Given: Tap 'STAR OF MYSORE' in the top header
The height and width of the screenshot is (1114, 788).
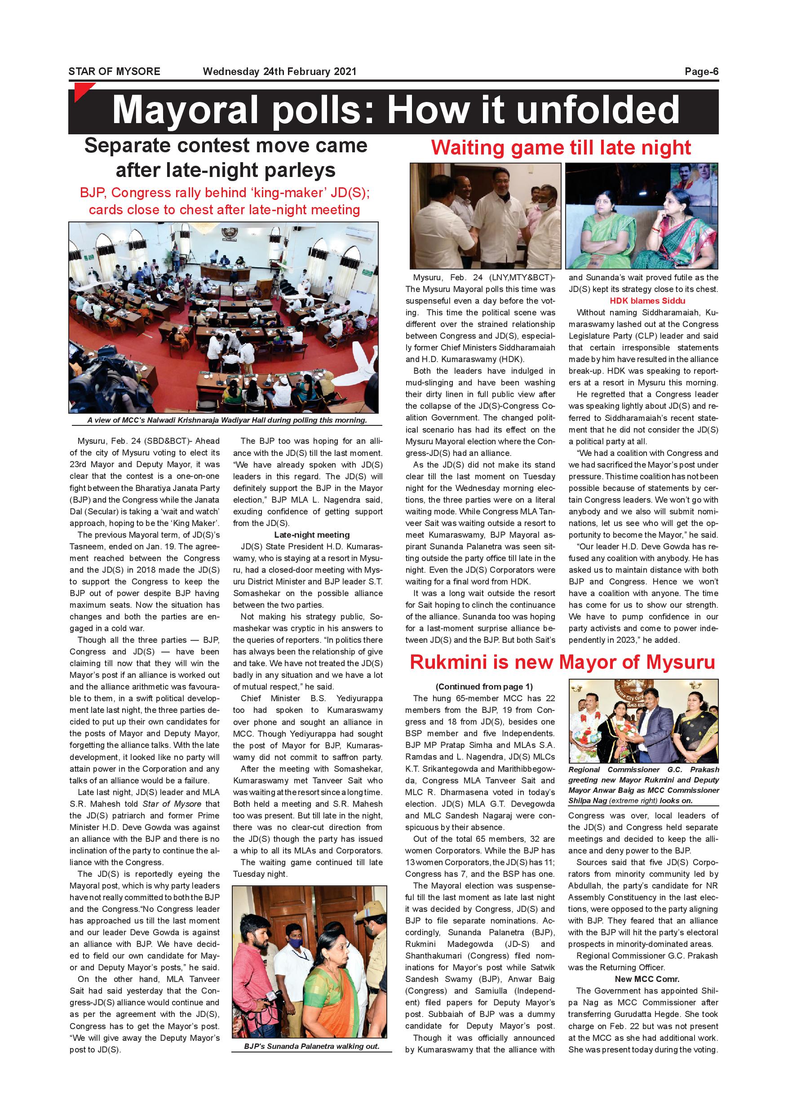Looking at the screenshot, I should coord(114,72).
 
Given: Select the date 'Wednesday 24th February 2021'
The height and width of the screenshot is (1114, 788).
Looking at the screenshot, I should coord(279,72).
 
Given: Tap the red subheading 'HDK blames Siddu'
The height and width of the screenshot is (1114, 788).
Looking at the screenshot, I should coord(647,301).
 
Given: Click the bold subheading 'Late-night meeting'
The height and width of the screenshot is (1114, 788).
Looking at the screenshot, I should coord(311,535).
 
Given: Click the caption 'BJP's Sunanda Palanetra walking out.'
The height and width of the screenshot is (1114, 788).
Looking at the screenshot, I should coord(311,1046).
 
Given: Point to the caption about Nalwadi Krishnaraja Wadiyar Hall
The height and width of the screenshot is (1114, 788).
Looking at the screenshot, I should coord(226,420).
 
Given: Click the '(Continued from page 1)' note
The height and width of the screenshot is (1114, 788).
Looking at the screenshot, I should coord(484,686).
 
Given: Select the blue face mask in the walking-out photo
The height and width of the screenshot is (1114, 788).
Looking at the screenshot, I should coord(296,944).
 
